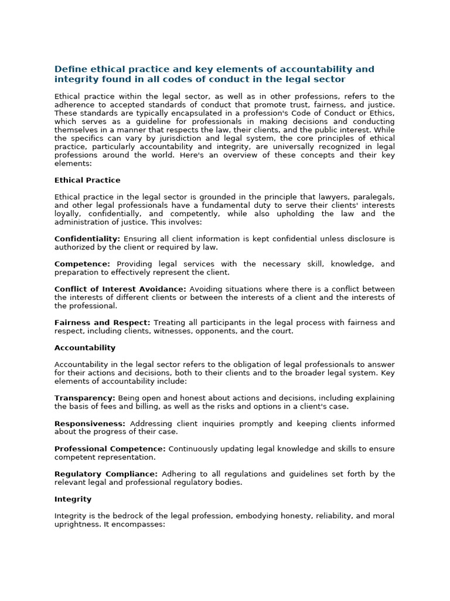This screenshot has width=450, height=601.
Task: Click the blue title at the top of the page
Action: pyautogui.click(x=214, y=74)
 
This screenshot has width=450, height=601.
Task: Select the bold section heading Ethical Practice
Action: pyautogui.click(x=87, y=180)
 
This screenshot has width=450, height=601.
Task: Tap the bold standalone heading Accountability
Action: pyautogui.click(x=85, y=348)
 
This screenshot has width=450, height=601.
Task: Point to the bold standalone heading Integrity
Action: pyautogui.click(x=73, y=499)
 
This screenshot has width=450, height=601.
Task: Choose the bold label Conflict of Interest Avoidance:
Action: pyautogui.click(x=120, y=289)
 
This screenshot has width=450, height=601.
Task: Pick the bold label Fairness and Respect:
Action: pyautogui.click(x=103, y=323)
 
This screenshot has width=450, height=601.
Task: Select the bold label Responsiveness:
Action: pyautogui.click(x=90, y=423)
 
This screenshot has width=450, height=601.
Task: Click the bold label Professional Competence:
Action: pyautogui.click(x=110, y=449)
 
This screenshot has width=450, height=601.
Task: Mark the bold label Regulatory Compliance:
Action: pyautogui.click(x=106, y=474)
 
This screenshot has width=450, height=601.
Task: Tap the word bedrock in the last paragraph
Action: pyautogui.click(x=125, y=516)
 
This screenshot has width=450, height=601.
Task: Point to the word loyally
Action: pyautogui.click(x=67, y=214)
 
